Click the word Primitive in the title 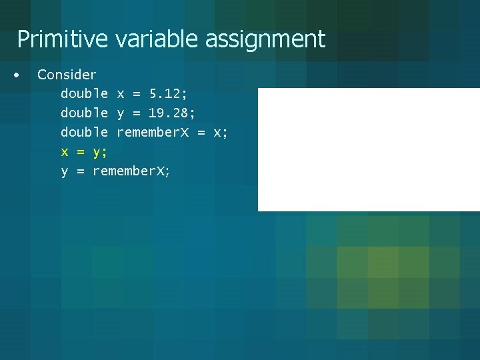pos(62,39)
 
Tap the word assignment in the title pos(265,39)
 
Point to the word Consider pos(67,75)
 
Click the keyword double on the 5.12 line pos(84,94)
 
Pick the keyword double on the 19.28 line pos(84,113)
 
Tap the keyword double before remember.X pos(84,133)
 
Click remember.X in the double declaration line pos(153,133)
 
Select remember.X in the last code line pos(131,171)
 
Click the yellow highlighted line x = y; pos(84,152)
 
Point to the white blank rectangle pos(369,149)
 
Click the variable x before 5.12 pos(121,94)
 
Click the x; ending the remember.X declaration pos(220,133)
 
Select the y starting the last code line pos(65,172)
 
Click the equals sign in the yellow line pos(81,152)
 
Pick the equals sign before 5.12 pos(137,94)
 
